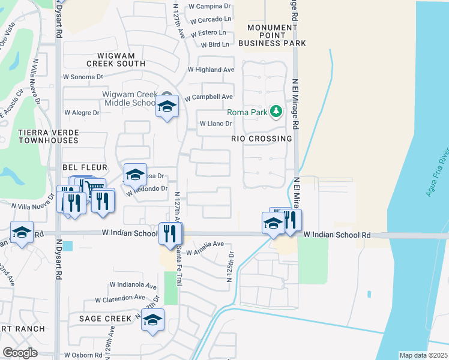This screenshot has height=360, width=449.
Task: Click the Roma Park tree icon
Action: pos(276,112)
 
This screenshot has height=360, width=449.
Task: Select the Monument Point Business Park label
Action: pos(272,35)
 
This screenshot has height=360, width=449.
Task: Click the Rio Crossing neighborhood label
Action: pos(262,139)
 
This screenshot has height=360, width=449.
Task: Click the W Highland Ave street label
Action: pos(211,70)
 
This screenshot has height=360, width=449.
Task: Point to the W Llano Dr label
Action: pos(215,124)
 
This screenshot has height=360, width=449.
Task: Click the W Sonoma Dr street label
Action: pos(83,77)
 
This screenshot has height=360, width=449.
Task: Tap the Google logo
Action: pos(20,352)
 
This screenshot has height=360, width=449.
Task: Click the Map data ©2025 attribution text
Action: pos(423,355)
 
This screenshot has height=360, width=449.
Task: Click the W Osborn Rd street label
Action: pos(83,355)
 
